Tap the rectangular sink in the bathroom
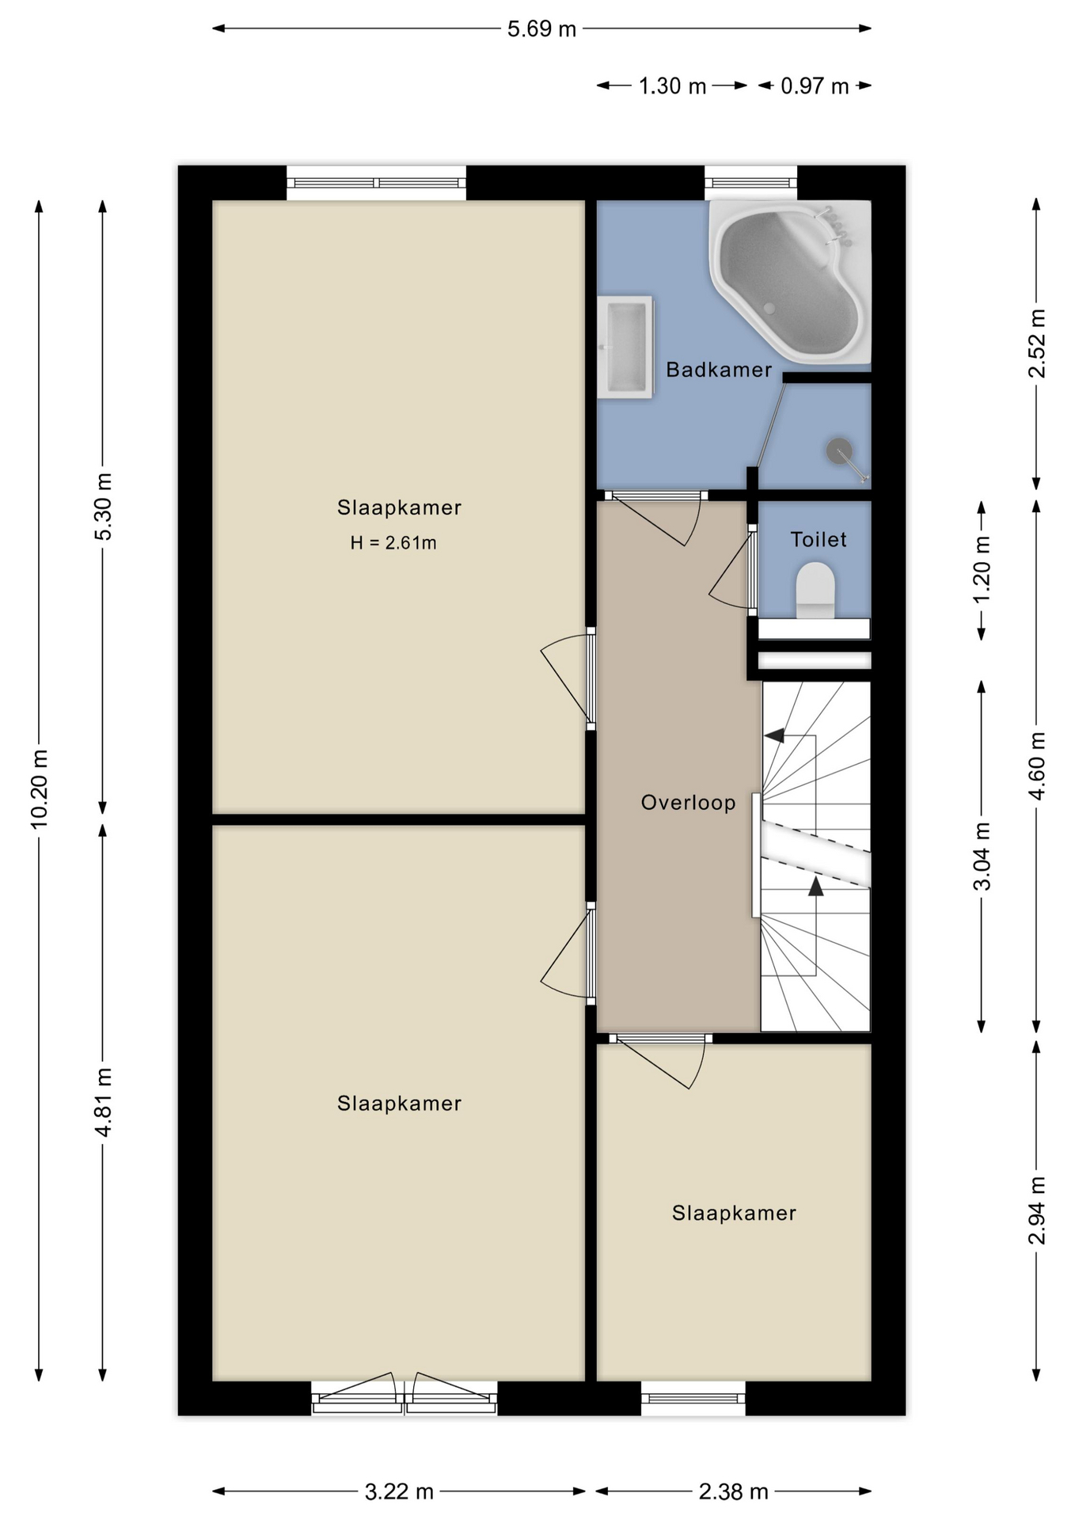tap(625, 347)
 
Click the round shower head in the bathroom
tap(839, 451)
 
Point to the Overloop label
tap(688, 803)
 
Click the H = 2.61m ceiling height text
tap(393, 543)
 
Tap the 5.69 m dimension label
tap(541, 29)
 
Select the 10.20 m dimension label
tap(40, 788)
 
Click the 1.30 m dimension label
tap(672, 85)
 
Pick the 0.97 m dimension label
tap(815, 85)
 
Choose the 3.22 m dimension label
tap(399, 1491)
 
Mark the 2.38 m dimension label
tap(733, 1491)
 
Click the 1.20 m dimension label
tap(982, 569)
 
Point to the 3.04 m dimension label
tap(982, 857)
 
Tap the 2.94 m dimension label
tap(1037, 1210)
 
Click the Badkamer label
tap(719, 370)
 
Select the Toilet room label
tap(819, 540)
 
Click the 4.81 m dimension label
tap(104, 1102)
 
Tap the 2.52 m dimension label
tap(1037, 344)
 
